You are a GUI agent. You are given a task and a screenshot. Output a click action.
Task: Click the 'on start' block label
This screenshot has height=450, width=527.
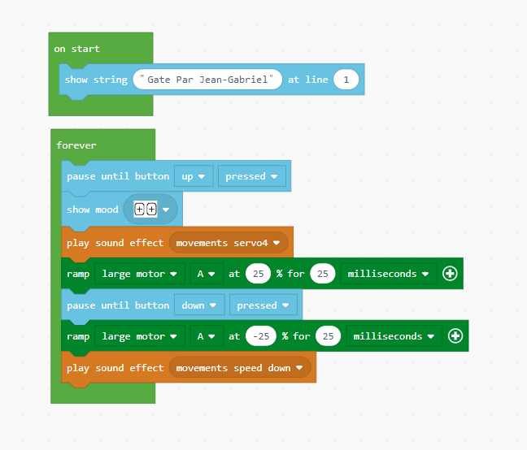76,49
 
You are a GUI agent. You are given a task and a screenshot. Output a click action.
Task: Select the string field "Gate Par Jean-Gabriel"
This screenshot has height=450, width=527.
207,80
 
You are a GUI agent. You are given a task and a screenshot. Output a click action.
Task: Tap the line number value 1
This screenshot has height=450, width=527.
346,80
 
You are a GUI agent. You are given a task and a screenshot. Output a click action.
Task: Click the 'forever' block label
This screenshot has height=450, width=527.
76,145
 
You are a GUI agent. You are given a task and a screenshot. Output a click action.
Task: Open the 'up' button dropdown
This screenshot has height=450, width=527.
194,176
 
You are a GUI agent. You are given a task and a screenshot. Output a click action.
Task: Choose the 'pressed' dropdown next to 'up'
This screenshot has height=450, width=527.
252,176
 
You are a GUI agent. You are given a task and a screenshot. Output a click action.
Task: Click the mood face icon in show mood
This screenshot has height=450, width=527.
146,210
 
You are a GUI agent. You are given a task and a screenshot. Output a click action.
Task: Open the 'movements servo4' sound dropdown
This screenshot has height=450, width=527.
229,243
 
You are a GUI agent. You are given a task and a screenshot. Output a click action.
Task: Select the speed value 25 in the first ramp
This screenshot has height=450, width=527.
258,274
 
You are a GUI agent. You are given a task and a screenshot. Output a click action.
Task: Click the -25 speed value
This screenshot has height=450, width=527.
261,336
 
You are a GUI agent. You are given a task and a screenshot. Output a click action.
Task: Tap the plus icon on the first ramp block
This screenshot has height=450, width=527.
450,274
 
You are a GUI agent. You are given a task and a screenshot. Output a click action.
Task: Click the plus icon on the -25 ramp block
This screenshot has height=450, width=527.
455,336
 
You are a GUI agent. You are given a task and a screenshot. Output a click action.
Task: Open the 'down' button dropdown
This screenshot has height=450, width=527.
199,305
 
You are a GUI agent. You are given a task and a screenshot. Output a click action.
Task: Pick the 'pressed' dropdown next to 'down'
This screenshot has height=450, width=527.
263,305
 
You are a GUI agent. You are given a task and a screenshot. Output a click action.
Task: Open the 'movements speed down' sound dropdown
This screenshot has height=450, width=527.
240,368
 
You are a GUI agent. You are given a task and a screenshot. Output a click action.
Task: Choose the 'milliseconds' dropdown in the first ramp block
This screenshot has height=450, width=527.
389,274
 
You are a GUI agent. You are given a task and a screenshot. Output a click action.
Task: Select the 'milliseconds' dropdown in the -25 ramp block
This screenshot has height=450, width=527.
394,336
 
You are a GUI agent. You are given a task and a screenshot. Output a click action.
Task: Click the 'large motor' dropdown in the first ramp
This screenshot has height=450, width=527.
140,274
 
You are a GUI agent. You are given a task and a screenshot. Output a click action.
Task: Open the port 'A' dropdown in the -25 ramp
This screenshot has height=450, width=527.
207,336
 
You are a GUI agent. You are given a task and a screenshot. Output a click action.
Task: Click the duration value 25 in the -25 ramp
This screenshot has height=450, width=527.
328,336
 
